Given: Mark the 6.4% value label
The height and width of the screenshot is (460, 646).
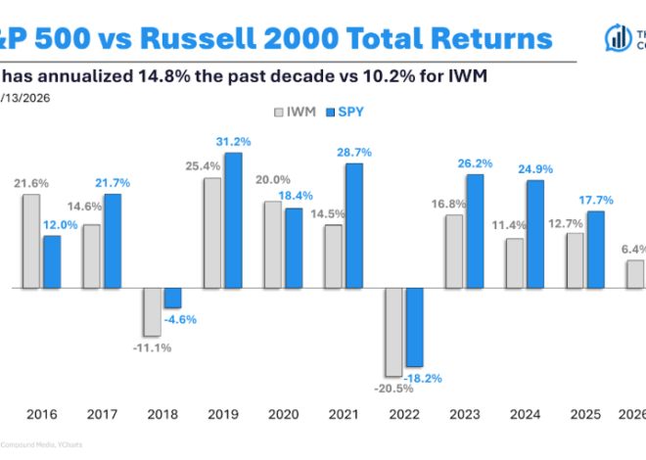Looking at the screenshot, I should (631, 250).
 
